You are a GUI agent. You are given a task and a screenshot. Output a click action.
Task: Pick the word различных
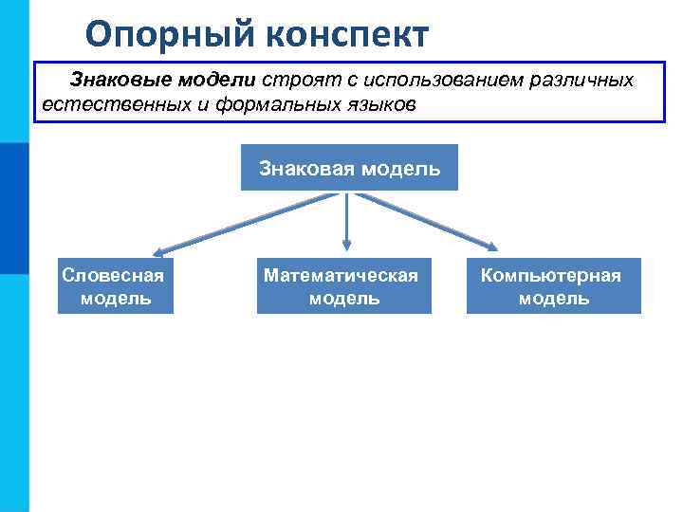pos(581,80)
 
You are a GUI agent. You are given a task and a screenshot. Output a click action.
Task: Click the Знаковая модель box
pos(349,168)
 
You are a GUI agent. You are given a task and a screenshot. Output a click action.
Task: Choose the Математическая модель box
pos(343,286)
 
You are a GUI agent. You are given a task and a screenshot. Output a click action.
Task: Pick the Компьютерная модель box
pos(553,286)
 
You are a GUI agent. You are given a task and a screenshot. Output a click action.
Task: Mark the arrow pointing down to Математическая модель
pos(346,223)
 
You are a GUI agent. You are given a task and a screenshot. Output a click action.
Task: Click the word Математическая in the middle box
pos(341,276)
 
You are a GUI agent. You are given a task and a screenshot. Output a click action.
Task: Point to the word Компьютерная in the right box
pos(551,276)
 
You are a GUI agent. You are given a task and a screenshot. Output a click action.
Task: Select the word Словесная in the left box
pos(113,276)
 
